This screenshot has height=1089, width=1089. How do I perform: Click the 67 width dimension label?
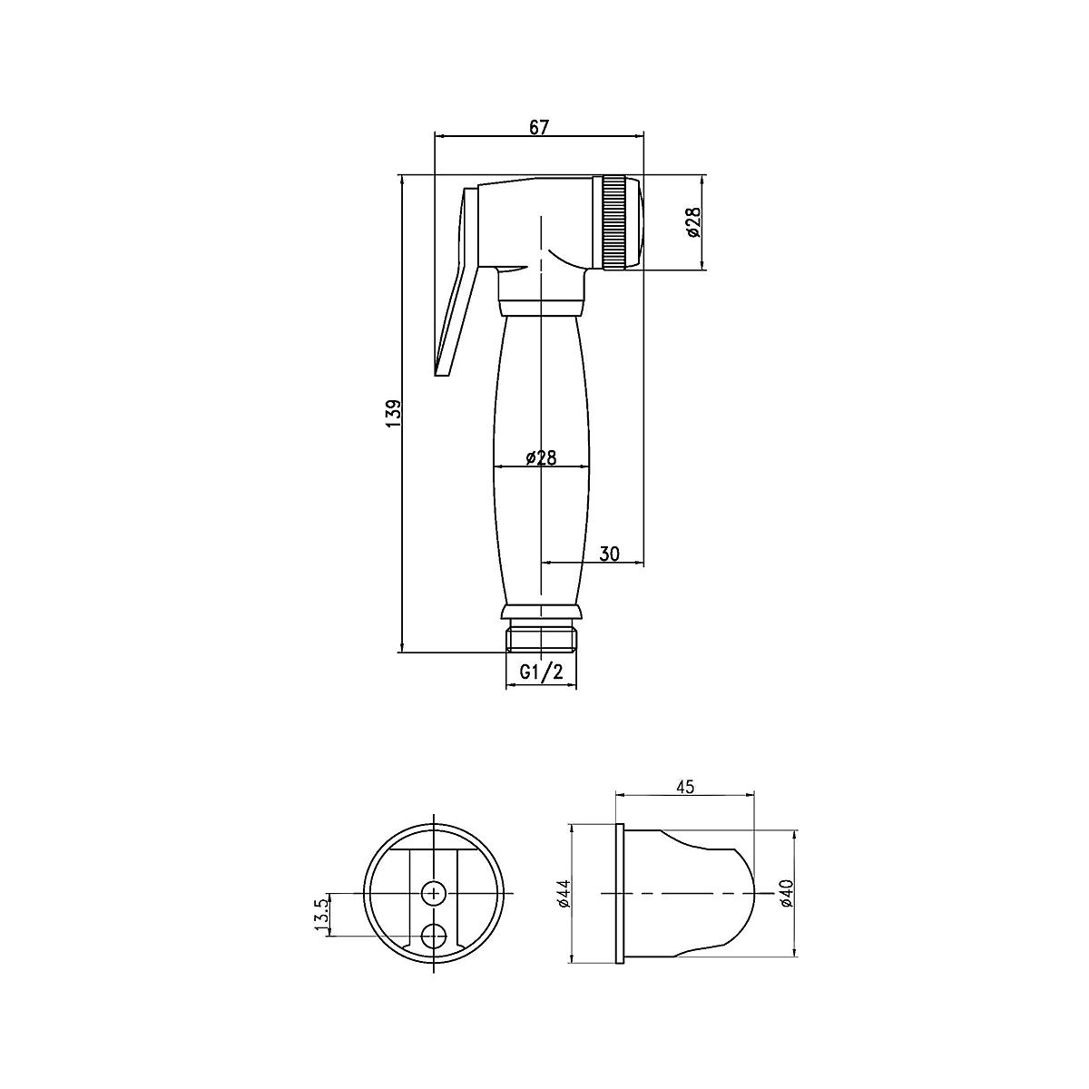(x=539, y=127)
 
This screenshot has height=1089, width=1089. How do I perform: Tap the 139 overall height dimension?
(x=394, y=413)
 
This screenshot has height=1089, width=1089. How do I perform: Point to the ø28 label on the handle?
(x=541, y=456)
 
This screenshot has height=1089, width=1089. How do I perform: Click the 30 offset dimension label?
(x=609, y=554)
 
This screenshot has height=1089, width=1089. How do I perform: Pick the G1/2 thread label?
(x=542, y=672)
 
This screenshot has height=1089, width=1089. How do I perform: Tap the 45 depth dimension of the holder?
(x=684, y=786)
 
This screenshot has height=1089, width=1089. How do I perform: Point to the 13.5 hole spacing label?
(x=320, y=916)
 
